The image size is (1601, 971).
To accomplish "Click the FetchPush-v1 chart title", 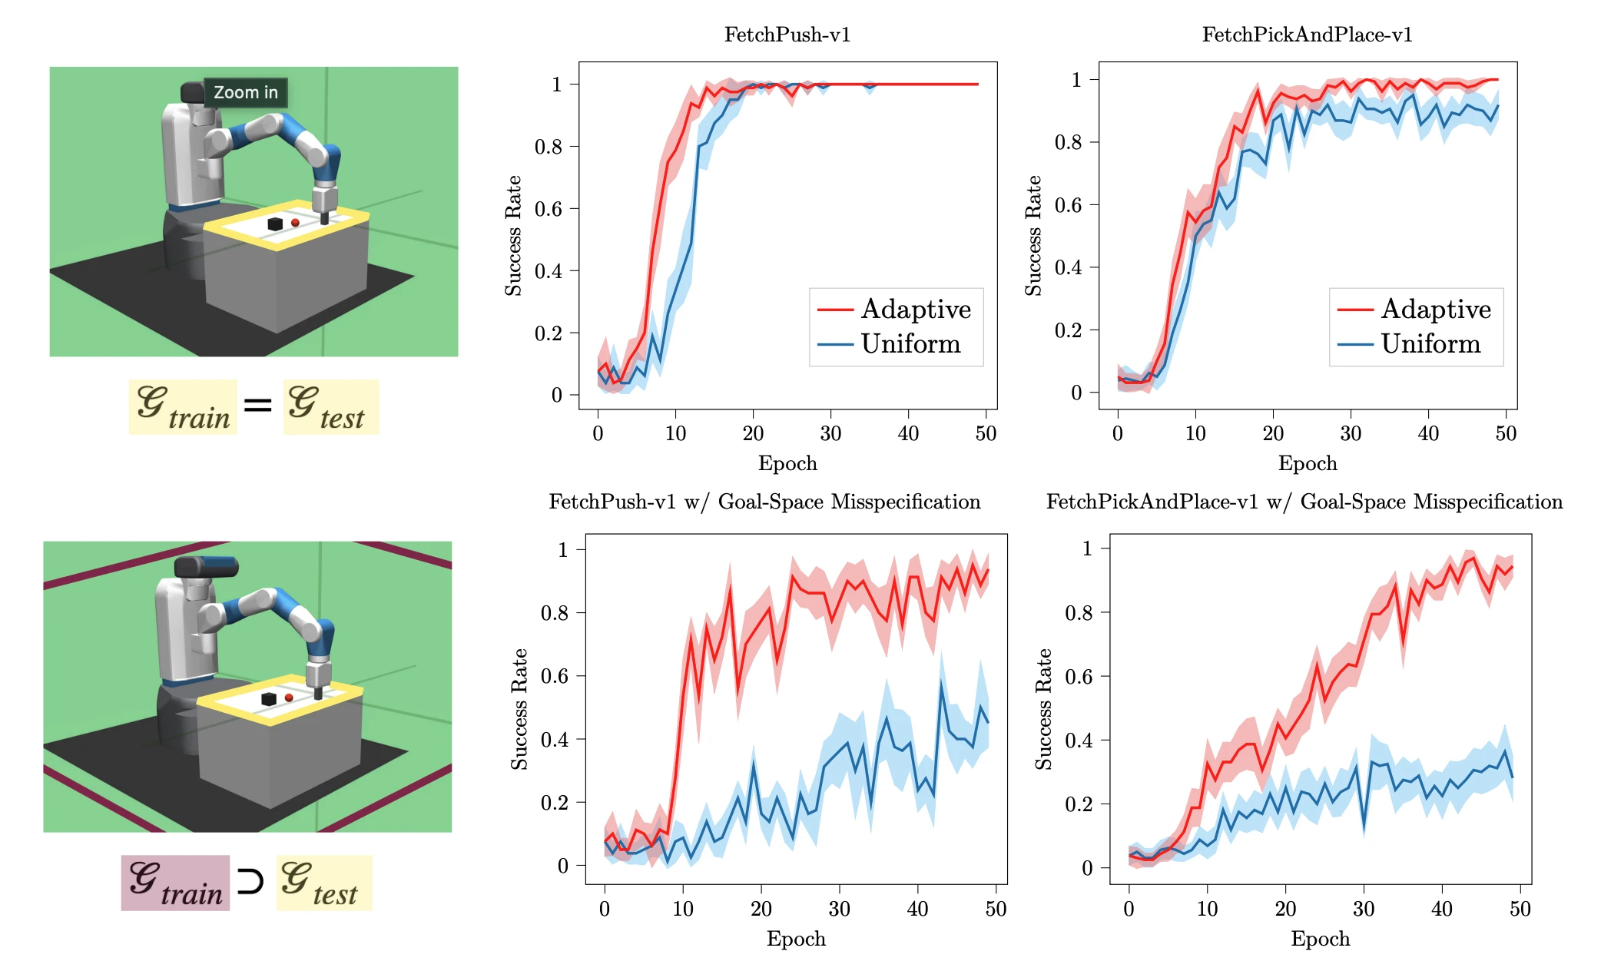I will coord(787,35).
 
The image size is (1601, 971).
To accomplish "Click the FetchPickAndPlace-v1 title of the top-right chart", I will coord(1307,35).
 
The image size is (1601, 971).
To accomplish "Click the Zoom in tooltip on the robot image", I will coord(245,92).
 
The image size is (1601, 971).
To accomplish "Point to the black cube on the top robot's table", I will coord(275,224).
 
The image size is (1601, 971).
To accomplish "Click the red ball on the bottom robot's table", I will coord(289,698).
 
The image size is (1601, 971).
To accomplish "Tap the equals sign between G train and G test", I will coord(258,404).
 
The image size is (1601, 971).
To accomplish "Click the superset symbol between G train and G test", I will coord(250,880).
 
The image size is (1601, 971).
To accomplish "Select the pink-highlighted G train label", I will coord(175,883).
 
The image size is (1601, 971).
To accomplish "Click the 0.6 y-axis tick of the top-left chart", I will coord(548,209).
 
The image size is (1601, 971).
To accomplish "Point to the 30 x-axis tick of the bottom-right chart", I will coord(1363,909).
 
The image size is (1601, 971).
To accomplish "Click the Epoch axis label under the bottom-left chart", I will coord(796,939).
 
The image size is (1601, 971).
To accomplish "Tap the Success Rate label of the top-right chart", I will coord(1033,235).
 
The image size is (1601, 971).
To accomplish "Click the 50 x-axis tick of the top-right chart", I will coord(1505,433).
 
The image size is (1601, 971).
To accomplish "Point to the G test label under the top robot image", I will coord(330,406).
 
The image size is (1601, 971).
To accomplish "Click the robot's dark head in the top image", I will coord(191,93).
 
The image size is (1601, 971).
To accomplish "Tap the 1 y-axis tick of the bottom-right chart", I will coord(1087,548).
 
